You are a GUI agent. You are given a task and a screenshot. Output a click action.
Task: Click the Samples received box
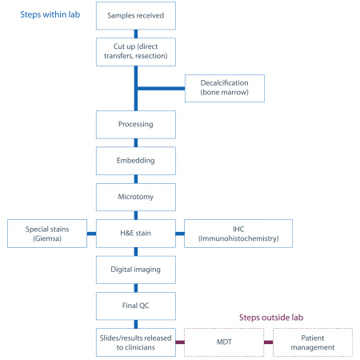pos(136,15)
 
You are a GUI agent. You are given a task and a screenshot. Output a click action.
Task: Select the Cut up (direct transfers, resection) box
pos(136,52)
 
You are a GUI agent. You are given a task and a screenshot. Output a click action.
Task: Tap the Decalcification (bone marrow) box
pos(225,88)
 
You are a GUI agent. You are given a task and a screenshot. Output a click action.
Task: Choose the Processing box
pos(136,125)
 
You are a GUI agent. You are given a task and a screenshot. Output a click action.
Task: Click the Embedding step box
pos(136,161)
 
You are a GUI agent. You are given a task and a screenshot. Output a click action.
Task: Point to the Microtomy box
pos(136,197)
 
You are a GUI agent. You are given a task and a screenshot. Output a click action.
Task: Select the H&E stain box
pos(136,234)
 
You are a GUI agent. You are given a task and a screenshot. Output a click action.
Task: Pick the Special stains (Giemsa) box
pos(47,234)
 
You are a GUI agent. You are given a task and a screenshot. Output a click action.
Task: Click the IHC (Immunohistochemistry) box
pos(238,234)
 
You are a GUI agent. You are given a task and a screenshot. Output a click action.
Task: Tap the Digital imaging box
pos(136,270)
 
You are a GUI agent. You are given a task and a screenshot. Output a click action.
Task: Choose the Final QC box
pos(136,306)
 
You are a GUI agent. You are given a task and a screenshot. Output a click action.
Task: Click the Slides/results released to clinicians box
pos(136,342)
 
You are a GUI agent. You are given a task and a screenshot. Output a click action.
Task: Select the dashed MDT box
pos(224,342)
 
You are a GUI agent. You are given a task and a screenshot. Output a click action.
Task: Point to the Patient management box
pos(313,342)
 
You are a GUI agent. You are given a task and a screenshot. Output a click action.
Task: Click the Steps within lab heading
pos(50,14)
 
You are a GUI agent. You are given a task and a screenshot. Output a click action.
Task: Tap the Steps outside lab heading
pos(271,318)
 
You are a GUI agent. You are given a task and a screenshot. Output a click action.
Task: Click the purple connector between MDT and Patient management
pos(268,342)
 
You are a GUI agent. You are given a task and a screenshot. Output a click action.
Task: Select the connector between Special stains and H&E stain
pos(91,234)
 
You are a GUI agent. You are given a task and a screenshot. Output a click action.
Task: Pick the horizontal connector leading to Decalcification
pos(161,89)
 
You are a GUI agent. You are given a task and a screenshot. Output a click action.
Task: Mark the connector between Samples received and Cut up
pos(136,34)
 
